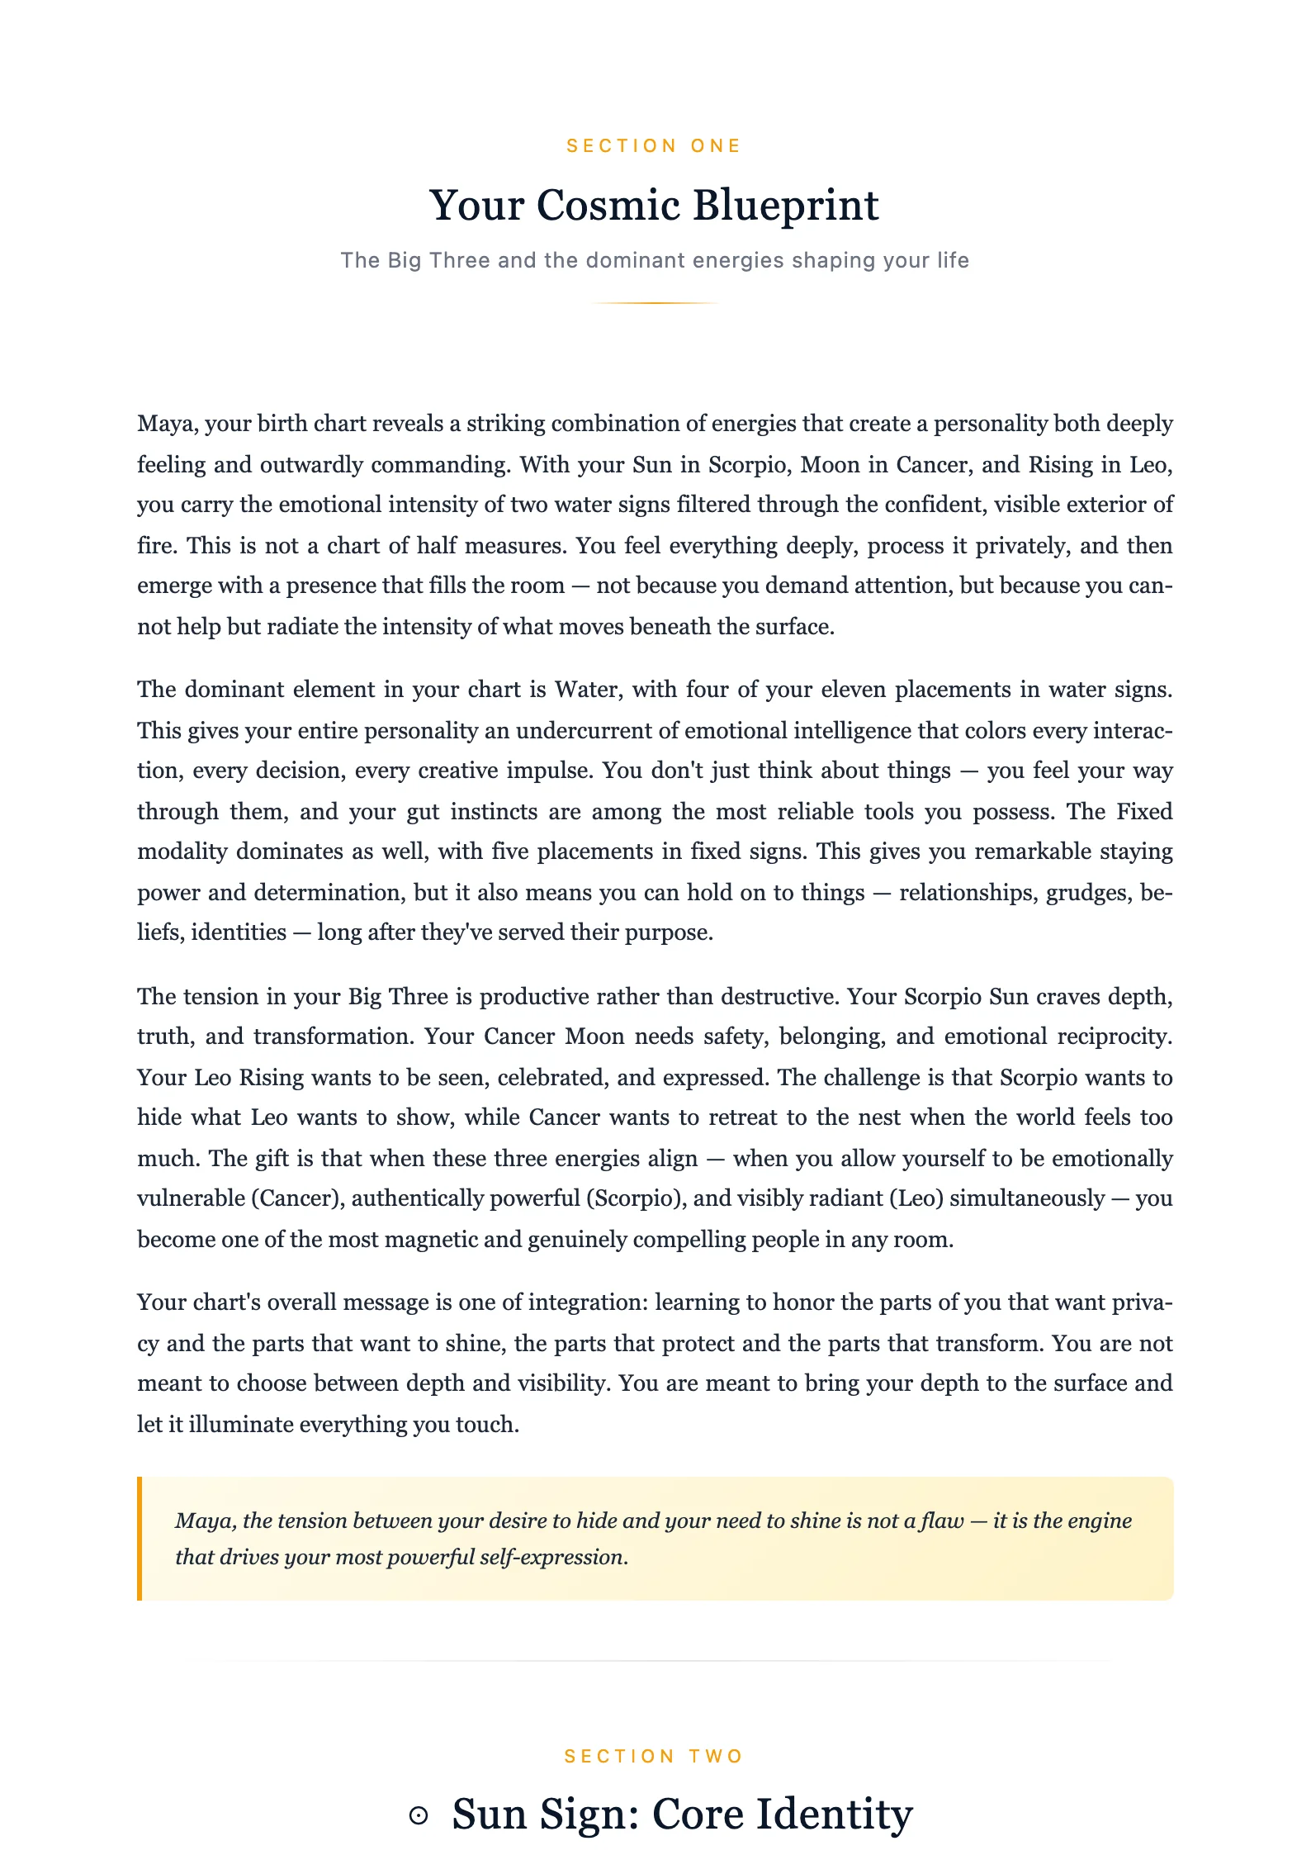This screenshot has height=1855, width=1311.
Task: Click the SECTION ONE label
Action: click(x=654, y=146)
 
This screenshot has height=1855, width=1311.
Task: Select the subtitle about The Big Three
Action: click(x=655, y=260)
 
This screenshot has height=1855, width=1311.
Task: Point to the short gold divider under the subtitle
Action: click(x=655, y=303)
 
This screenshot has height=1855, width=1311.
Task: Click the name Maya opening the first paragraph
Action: click(x=167, y=424)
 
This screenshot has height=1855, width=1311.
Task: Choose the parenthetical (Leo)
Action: click(x=916, y=1198)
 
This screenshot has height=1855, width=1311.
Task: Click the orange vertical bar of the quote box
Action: click(x=140, y=1539)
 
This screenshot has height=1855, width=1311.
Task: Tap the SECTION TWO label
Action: click(x=654, y=1757)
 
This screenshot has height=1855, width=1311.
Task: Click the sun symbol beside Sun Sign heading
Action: click(x=419, y=1815)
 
